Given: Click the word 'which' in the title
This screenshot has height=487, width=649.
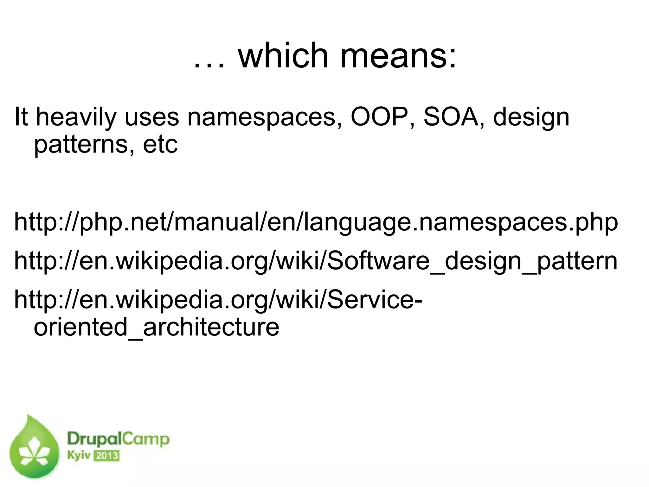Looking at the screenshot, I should point(283,56).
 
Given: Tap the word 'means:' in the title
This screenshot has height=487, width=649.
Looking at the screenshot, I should point(398,56).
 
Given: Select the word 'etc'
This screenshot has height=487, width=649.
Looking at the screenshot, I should point(160,144).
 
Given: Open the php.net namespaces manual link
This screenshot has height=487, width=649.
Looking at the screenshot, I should point(316,223).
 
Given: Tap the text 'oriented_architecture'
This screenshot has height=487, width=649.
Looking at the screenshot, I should point(156,327).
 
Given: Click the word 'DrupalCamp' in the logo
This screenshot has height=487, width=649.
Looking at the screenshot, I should point(118,440).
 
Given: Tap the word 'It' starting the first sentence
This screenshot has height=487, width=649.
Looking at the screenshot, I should point(21,117).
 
